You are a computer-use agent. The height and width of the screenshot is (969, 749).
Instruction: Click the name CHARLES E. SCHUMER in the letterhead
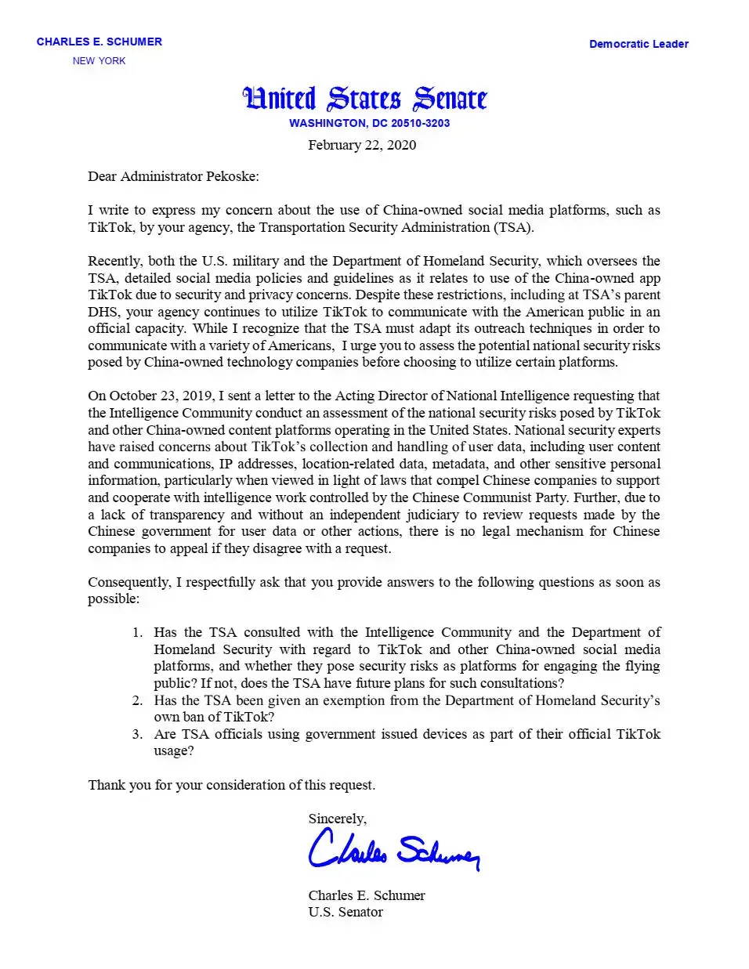pyautogui.click(x=99, y=42)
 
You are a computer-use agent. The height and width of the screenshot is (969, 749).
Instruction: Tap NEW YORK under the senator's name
pyautogui.click(x=99, y=61)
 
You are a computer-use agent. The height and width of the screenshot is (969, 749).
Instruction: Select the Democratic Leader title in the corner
pyautogui.click(x=639, y=44)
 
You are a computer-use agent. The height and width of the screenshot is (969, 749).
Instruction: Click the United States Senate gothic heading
pyautogui.click(x=365, y=99)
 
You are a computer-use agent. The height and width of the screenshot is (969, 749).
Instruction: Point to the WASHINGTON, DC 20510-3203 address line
pyautogui.click(x=369, y=123)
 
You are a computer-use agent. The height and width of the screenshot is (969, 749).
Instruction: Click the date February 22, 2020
pyautogui.click(x=362, y=145)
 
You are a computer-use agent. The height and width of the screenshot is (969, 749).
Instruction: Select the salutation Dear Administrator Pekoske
pyautogui.click(x=173, y=176)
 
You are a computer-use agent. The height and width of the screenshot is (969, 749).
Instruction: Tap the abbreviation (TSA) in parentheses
pyautogui.click(x=512, y=227)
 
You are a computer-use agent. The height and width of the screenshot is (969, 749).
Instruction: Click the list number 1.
pyautogui.click(x=137, y=632)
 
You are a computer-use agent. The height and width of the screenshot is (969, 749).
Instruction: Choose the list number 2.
pyautogui.click(x=137, y=700)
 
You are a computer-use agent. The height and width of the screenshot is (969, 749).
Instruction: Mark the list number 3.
pyautogui.click(x=137, y=734)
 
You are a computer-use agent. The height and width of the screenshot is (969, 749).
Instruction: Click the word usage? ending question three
pyautogui.click(x=173, y=750)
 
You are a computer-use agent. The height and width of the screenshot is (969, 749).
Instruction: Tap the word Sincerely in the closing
pyautogui.click(x=337, y=819)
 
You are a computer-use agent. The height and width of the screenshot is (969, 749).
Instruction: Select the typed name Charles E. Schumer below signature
pyautogui.click(x=367, y=895)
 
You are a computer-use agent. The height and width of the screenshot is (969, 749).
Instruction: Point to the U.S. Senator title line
pyautogui.click(x=346, y=912)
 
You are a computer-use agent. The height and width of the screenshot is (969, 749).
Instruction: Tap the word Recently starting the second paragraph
pyautogui.click(x=113, y=261)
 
